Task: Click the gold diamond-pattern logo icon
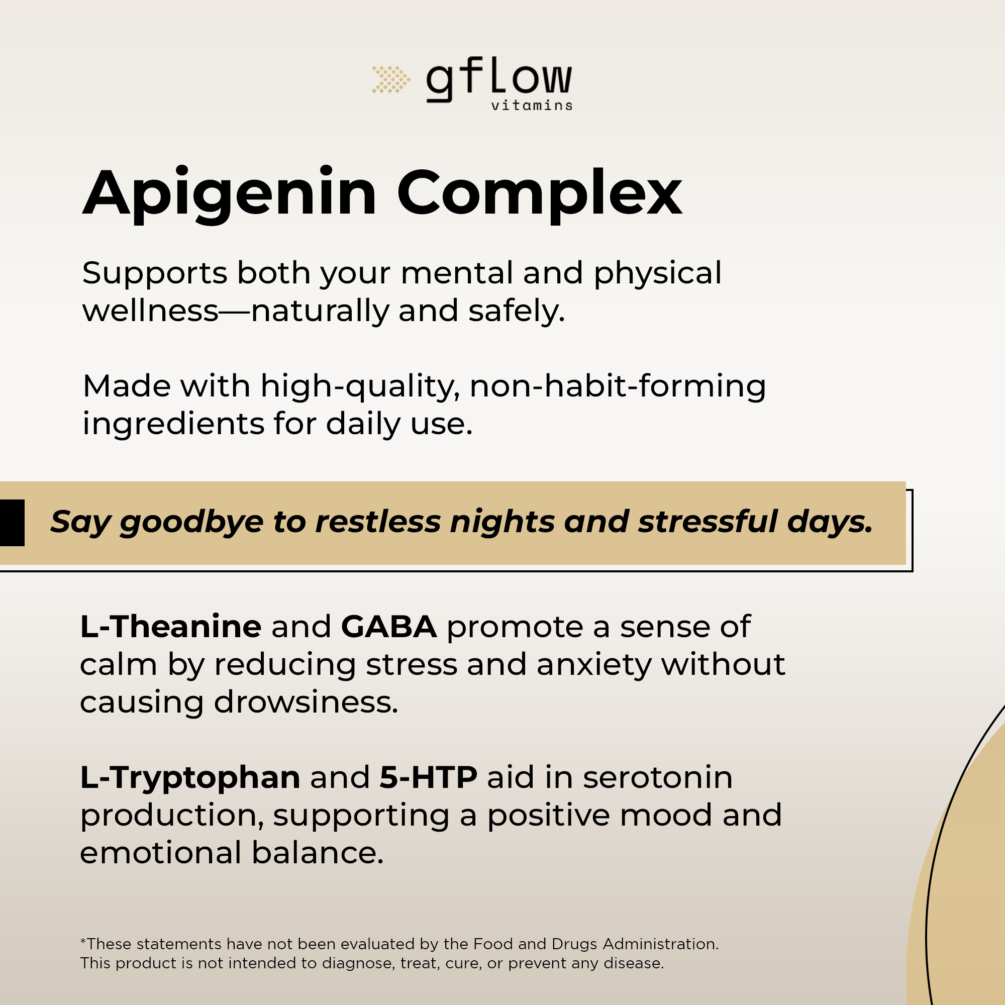(390, 79)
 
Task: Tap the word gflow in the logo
(499, 80)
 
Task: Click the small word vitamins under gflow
(532, 106)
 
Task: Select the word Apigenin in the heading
(230, 194)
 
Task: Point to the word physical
(657, 274)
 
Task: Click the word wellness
(150, 311)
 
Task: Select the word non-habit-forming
(618, 387)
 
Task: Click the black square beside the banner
(12, 523)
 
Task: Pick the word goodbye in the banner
(191, 523)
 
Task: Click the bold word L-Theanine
(171, 626)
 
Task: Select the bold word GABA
(388, 626)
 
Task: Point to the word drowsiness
(306, 702)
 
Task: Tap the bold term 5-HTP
(428, 778)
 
